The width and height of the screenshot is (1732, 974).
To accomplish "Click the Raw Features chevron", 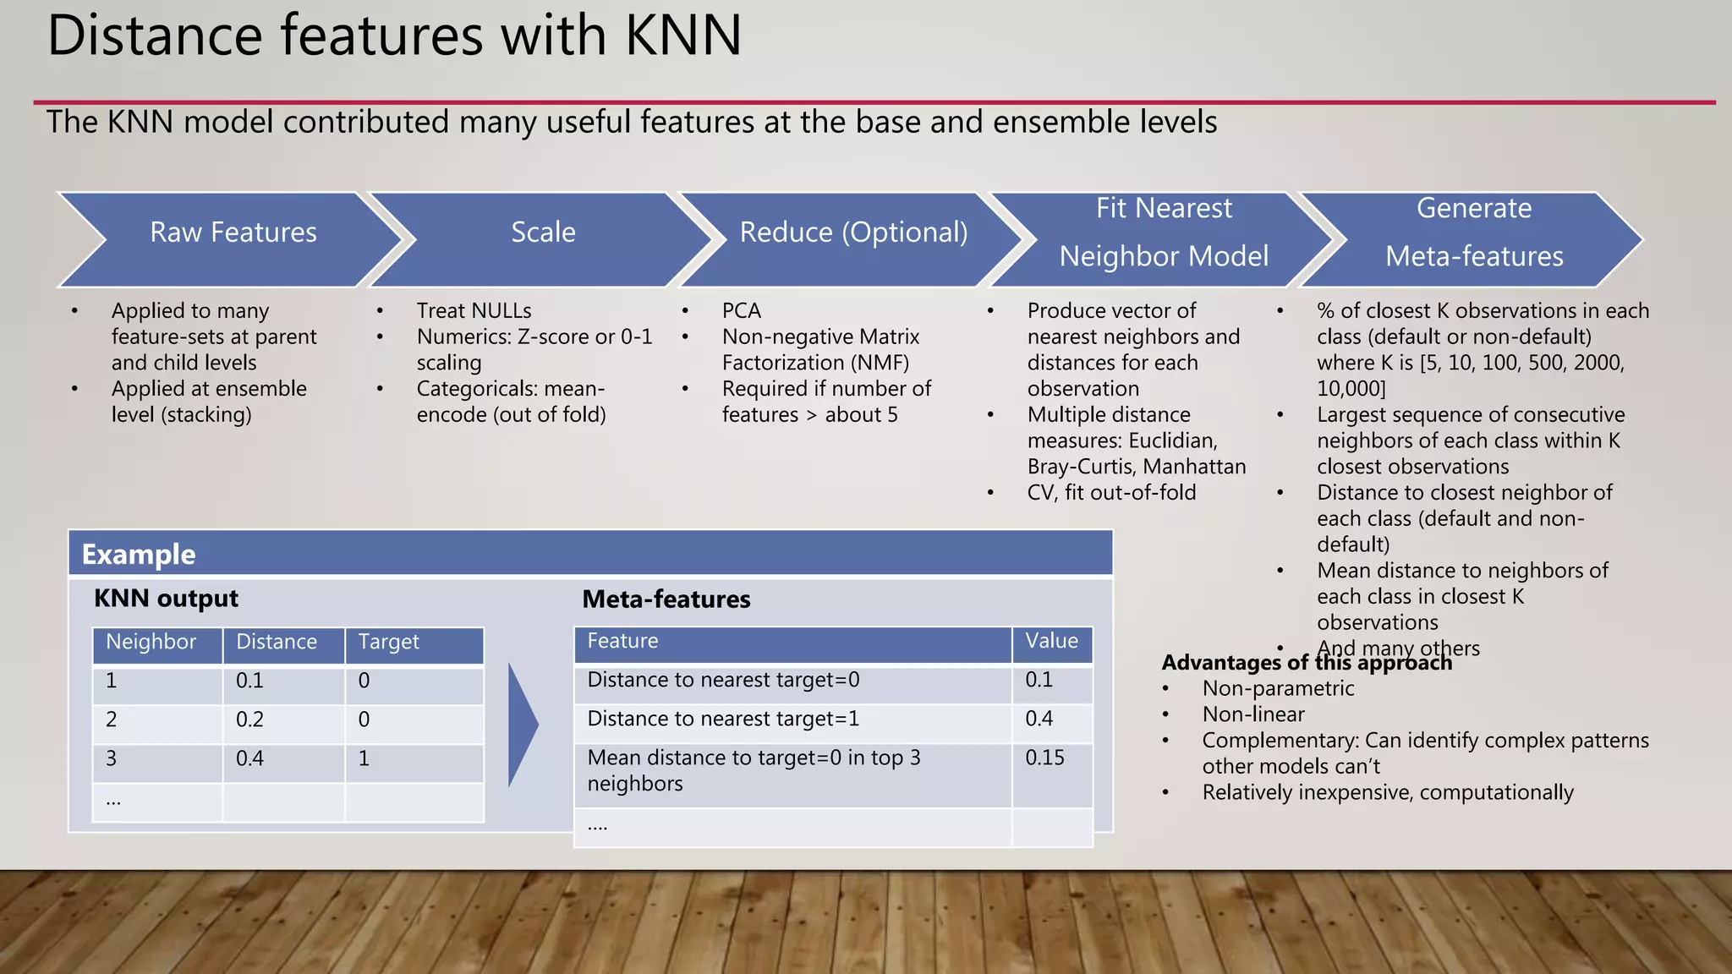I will [x=233, y=233].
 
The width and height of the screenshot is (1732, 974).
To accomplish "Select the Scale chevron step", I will [x=543, y=233].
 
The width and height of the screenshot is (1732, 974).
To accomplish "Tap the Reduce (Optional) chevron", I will [x=853, y=233].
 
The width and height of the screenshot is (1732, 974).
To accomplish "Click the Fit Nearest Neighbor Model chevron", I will [x=1164, y=233].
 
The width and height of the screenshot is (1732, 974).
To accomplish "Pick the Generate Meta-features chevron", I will [x=1473, y=233].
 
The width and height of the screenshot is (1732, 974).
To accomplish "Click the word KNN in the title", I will [x=682, y=36].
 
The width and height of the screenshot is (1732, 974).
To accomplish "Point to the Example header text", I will [x=139, y=555].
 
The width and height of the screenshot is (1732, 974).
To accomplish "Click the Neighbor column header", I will [x=151, y=643].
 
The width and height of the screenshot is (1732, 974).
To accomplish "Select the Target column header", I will [x=388, y=643].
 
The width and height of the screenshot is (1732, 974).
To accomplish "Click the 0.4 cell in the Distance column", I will [x=250, y=758].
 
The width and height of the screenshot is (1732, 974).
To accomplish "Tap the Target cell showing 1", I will [x=364, y=758].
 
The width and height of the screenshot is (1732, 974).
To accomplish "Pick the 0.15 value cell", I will [x=1044, y=758].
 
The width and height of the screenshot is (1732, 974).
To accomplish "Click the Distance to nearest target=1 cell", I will [x=724, y=719].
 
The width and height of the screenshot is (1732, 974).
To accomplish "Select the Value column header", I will [x=1051, y=641].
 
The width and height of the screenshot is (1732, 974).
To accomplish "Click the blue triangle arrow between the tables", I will [x=522, y=725].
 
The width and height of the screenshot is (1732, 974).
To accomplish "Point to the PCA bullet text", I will [x=742, y=311].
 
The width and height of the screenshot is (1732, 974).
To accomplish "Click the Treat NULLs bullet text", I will [x=474, y=311].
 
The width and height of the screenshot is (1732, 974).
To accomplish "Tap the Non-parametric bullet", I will [x=1278, y=688].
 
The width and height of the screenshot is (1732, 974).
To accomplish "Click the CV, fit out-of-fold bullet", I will [x=1111, y=493].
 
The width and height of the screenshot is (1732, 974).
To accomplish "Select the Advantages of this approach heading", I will [x=1307, y=663].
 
